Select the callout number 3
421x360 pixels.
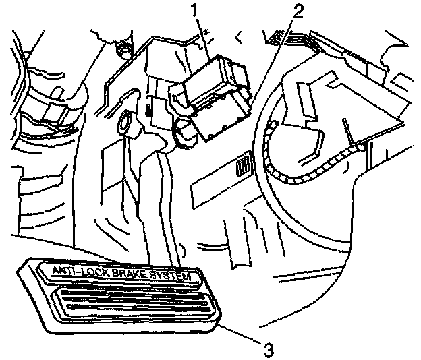tap(268, 349)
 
